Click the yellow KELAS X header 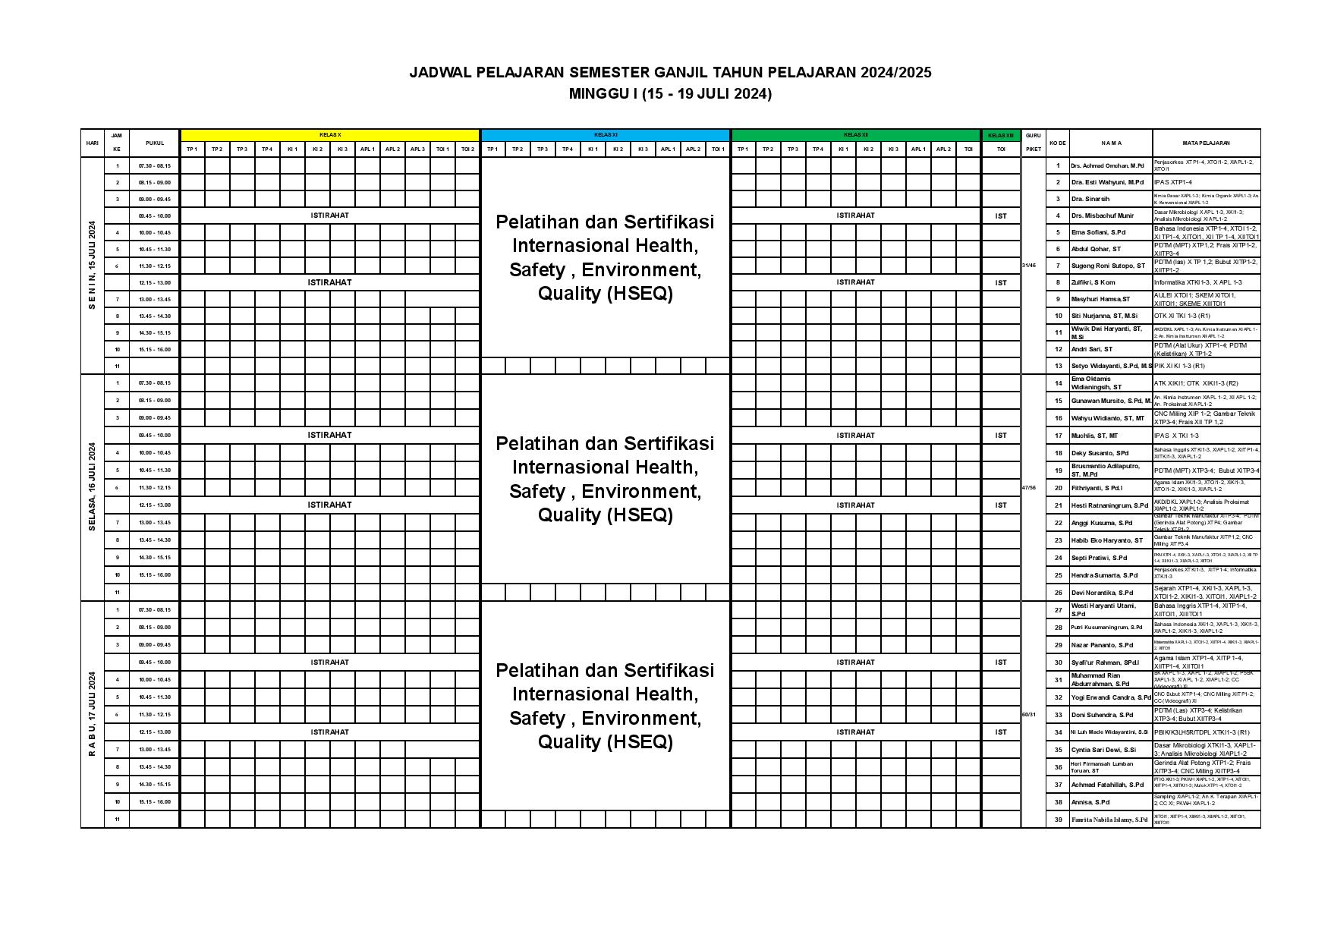tap(329, 135)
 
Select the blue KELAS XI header tap(605, 135)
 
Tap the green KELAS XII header tap(855, 135)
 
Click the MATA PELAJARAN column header tap(1206, 143)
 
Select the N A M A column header tap(1111, 143)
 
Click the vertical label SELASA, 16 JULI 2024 tap(92, 486)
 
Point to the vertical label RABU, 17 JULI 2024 tap(92, 713)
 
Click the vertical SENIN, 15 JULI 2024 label tap(92, 265)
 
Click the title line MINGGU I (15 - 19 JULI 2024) tap(670, 94)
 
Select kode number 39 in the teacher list tap(1058, 820)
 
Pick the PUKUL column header tap(154, 143)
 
